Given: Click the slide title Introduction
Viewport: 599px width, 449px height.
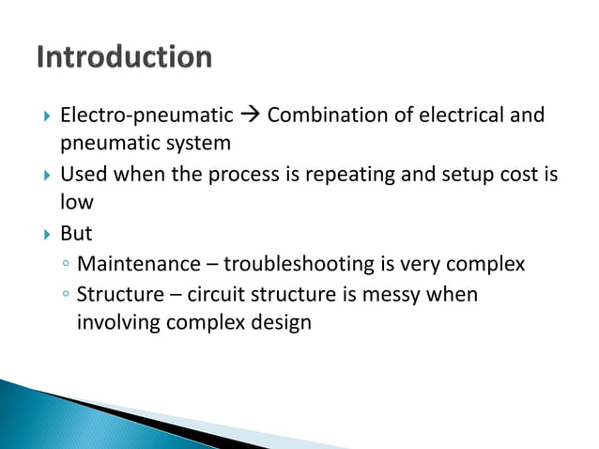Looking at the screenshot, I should tap(124, 57).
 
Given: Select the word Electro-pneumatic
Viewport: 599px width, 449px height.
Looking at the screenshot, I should tap(146, 116).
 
